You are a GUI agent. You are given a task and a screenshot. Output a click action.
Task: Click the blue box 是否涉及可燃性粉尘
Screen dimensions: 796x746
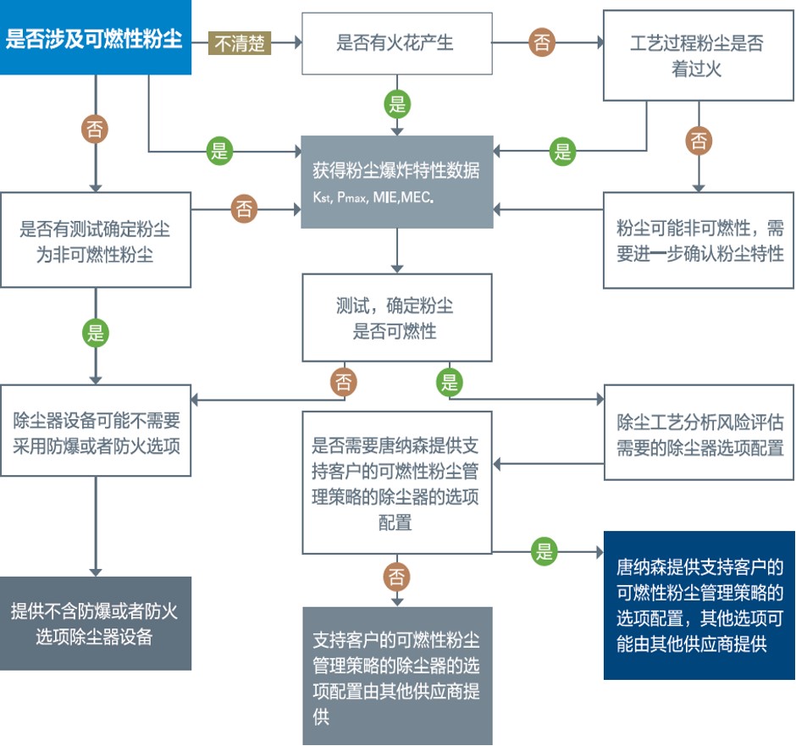[x=96, y=37]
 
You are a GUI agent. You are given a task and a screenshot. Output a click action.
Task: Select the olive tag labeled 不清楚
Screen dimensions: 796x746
[x=240, y=43]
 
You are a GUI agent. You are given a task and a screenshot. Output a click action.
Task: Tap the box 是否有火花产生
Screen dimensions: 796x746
[x=397, y=44]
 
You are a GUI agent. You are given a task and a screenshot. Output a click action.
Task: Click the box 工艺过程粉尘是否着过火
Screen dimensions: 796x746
[x=698, y=55]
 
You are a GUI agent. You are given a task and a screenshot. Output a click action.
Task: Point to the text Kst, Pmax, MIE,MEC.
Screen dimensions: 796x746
[x=373, y=197]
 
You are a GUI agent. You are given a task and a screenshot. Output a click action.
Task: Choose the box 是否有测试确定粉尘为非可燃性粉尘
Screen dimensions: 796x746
[x=96, y=240]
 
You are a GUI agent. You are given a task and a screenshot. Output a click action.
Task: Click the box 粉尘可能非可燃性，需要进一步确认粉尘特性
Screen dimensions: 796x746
[x=699, y=240]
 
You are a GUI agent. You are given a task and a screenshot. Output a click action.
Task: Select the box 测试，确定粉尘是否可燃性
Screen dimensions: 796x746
[x=397, y=318]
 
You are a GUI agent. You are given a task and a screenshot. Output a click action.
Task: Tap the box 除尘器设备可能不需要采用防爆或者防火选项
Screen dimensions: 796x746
[x=96, y=430]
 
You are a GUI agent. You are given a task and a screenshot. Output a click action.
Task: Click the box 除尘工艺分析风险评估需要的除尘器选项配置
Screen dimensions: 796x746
[x=699, y=433]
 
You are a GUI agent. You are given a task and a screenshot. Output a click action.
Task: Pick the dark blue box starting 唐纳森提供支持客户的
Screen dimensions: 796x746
[x=699, y=605]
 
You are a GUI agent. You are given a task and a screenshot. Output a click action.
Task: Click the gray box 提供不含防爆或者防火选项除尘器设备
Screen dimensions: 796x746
[x=96, y=623]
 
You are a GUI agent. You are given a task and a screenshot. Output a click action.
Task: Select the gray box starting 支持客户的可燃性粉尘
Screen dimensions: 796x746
[x=397, y=676]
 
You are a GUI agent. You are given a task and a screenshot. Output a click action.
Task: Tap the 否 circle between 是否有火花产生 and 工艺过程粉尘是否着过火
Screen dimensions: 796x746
[x=542, y=42]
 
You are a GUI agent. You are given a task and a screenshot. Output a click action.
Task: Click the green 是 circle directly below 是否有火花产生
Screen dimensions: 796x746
[x=397, y=104]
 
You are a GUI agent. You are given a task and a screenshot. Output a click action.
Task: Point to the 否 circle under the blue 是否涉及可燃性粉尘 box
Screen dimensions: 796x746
[x=95, y=129]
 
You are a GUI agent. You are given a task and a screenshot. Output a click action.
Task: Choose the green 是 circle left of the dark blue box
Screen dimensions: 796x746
[x=544, y=551]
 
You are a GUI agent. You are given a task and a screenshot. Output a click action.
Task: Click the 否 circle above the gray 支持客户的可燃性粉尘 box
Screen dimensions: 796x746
[x=396, y=577]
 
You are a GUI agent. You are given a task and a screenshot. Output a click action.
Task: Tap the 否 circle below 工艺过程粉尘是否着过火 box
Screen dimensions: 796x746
[x=699, y=141]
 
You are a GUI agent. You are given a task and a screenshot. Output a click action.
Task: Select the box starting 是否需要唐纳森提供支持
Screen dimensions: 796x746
[x=397, y=483]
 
